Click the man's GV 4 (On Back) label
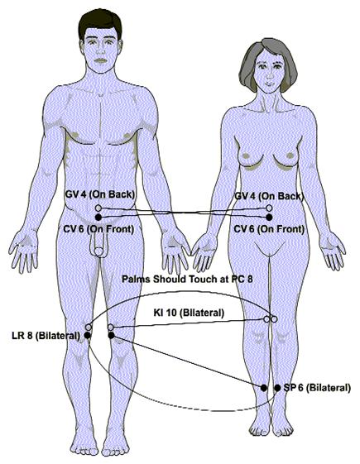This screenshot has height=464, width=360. click(100, 194)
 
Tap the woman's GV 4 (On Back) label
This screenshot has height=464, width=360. click(269, 196)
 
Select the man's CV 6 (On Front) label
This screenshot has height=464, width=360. click(98, 229)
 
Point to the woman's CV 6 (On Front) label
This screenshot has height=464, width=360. click(269, 229)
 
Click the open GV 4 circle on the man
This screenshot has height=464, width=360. click(98, 208)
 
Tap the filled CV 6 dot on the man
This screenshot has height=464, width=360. click(98, 218)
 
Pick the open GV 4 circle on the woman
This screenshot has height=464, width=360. click(269, 208)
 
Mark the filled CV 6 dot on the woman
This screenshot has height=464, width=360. click(269, 218)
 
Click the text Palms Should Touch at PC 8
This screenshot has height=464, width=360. click(187, 279)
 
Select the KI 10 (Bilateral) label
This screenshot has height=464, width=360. click(189, 313)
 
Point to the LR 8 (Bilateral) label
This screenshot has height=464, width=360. click(46, 336)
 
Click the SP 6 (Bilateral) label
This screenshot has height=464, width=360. click(317, 387)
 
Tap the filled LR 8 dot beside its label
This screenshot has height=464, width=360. click(88, 335)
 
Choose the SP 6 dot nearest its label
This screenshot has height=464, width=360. click(277, 388)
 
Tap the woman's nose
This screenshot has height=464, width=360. click(269, 74)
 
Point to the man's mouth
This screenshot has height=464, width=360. click(101, 61)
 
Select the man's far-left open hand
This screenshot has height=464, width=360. click(25, 251)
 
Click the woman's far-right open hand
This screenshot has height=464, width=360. click(332, 251)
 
